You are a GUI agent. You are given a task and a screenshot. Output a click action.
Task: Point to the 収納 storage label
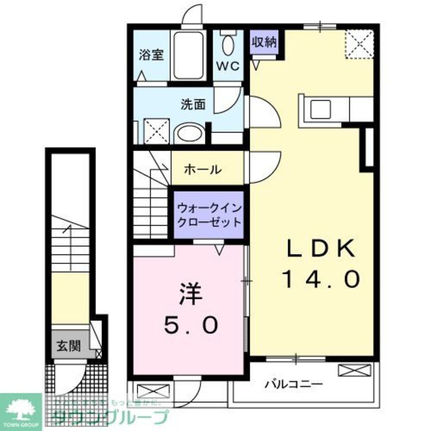click(264, 43)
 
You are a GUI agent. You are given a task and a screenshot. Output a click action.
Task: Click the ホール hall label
click(203, 169)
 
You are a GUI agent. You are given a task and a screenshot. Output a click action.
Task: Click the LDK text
click(321, 249)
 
